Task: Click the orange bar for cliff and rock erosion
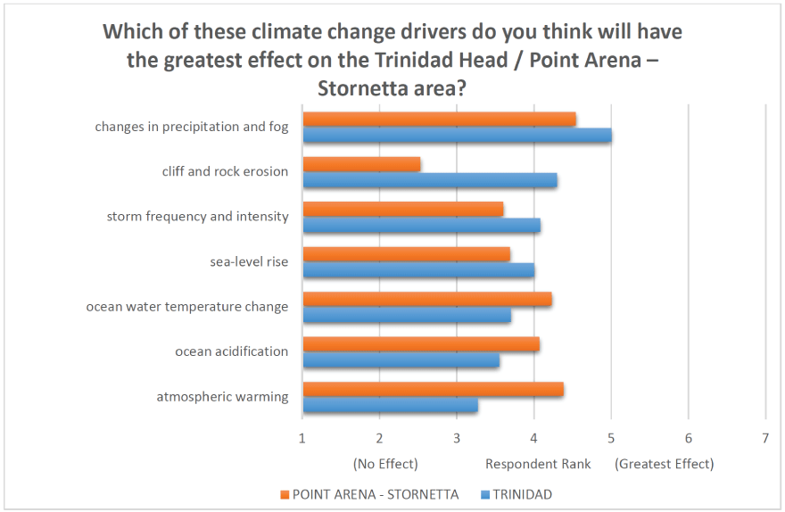point(361,164)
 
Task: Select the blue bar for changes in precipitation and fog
point(457,136)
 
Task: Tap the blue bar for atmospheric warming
point(390,406)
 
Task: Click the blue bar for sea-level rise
point(418,270)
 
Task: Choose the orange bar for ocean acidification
point(421,344)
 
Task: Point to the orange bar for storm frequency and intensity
point(402,209)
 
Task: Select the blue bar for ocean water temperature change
point(407,315)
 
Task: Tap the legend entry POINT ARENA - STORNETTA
point(374,494)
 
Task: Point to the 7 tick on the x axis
point(765,437)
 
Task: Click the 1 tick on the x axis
point(302,437)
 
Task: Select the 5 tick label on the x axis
point(611,437)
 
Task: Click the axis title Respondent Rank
point(531,464)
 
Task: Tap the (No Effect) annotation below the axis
point(385,464)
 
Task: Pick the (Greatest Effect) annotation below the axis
point(665,464)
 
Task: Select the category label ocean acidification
point(232,351)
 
